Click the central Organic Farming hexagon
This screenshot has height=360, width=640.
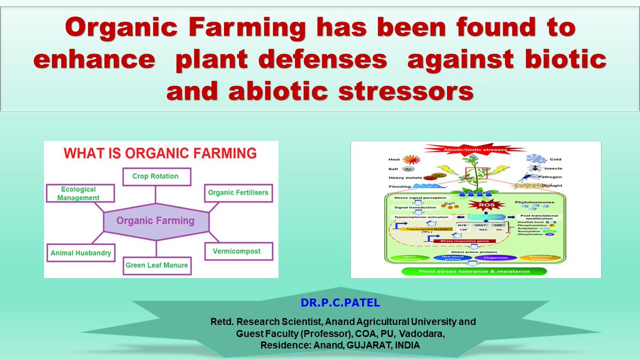[x=156, y=220]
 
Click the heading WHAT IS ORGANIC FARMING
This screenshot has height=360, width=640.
[x=160, y=154]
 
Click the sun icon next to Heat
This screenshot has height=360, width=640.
[x=411, y=159]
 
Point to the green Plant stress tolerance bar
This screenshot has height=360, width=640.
[x=475, y=271]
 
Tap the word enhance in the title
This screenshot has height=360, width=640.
[x=92, y=59]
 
